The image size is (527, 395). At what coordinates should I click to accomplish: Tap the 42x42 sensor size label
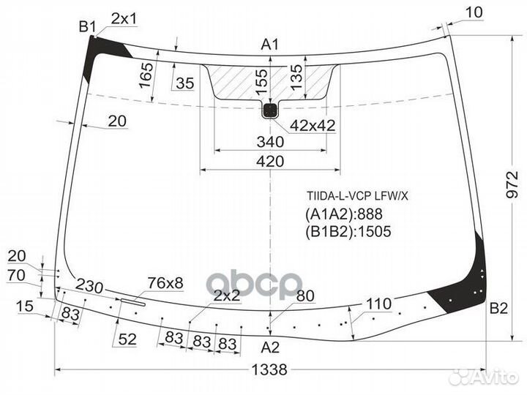coord(312,126)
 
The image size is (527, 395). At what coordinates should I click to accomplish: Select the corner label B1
coord(88,27)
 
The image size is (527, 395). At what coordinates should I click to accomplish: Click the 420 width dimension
coord(270,162)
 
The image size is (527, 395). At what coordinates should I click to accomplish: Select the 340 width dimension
coord(270,141)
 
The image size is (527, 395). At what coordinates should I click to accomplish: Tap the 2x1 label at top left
coord(124,18)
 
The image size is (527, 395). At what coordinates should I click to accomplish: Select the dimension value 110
coord(378,303)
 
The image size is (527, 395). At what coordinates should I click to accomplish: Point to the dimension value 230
coord(89,286)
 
